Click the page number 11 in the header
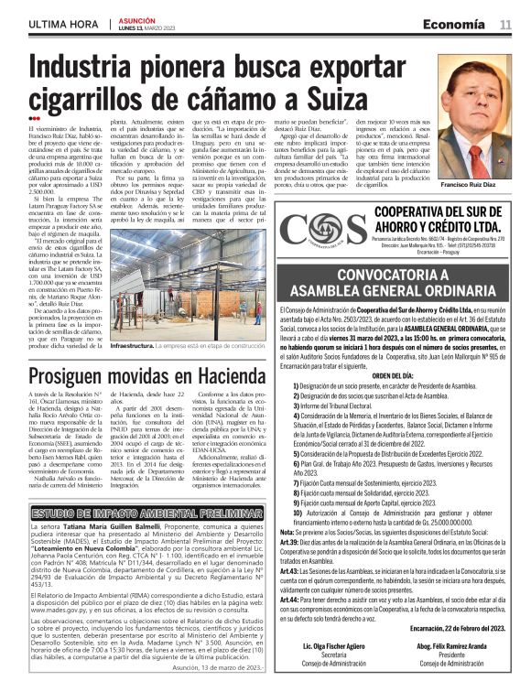(505, 23)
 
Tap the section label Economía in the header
(460, 23)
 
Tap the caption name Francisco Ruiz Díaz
(473, 185)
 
